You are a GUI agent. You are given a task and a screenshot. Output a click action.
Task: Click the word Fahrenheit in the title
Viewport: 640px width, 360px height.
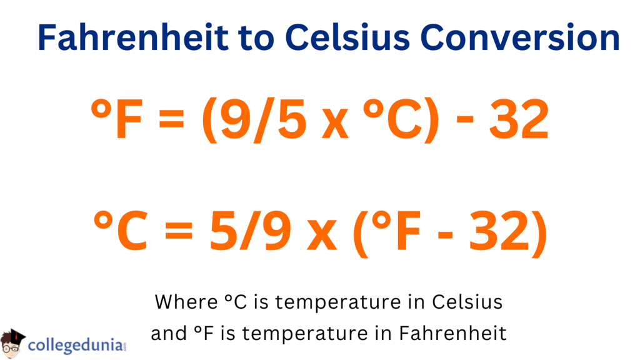click(133, 37)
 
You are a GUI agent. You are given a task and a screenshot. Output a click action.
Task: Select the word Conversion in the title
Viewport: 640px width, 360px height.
click(520, 37)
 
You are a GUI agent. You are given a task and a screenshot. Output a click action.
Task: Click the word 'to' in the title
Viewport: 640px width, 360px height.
click(257, 38)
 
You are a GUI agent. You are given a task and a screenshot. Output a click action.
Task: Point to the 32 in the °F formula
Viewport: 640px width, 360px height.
click(519, 119)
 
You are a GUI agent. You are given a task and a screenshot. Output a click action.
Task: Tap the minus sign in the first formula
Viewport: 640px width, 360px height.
click(464, 120)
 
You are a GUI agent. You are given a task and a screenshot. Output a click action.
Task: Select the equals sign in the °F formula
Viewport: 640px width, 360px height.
click(171, 120)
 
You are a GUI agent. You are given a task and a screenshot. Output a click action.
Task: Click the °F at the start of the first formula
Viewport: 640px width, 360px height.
click(116, 119)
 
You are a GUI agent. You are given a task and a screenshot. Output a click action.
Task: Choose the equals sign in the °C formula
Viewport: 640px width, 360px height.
click(179, 231)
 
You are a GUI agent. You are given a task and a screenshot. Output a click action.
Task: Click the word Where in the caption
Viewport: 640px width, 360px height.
click(186, 302)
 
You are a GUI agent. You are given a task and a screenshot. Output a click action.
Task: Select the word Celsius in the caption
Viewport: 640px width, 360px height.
click(467, 302)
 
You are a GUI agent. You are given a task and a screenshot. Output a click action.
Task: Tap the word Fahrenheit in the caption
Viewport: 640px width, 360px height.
click(452, 333)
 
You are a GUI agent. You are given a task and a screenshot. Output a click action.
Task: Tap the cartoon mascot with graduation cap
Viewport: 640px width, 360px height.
click(12, 344)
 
